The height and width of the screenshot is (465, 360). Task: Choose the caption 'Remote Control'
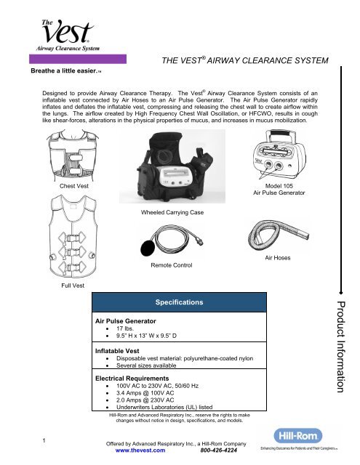point(169,267)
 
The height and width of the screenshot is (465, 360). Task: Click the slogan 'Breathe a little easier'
point(51,72)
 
